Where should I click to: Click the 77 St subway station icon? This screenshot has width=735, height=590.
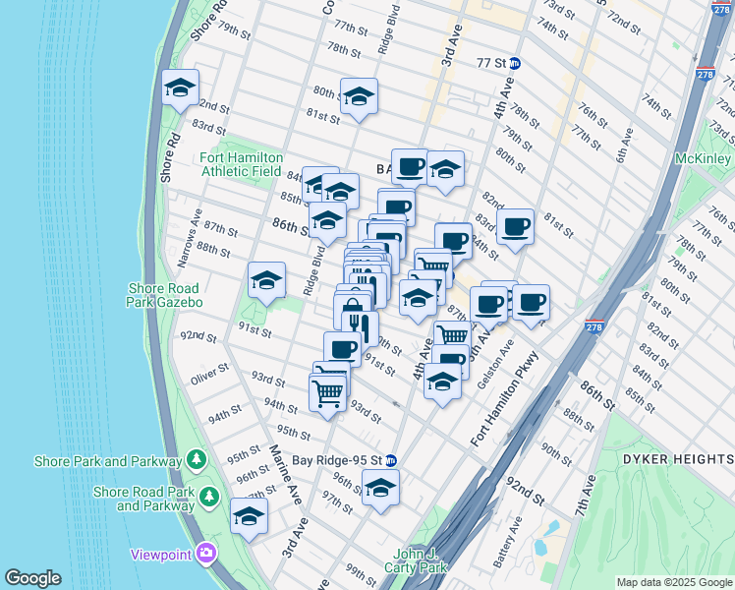[x=516, y=63]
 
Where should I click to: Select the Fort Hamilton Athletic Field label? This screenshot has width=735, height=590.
[x=241, y=164]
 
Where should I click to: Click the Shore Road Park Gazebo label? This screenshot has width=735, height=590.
[x=165, y=295]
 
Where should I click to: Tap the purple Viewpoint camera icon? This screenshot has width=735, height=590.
[x=205, y=554]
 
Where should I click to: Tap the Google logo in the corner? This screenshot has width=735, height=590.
[x=32, y=578]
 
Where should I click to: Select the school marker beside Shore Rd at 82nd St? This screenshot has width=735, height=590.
[x=180, y=88]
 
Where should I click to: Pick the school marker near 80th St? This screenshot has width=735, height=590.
[x=359, y=96]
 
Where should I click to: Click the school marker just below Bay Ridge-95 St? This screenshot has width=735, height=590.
[x=380, y=488]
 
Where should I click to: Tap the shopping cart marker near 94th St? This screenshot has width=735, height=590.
[x=327, y=393]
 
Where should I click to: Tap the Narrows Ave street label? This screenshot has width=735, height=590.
[x=184, y=227]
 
